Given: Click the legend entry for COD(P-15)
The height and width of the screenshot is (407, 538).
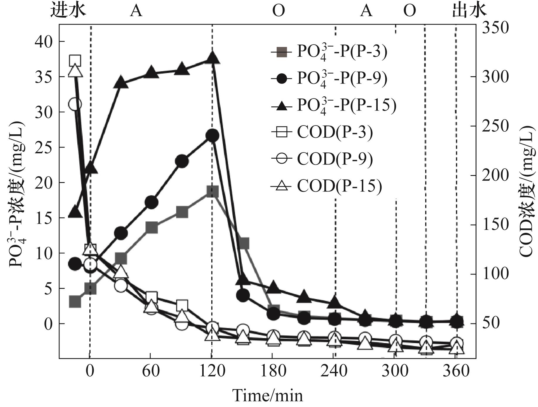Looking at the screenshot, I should click(x=326, y=186).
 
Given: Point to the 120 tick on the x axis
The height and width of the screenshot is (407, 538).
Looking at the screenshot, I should click(x=212, y=371).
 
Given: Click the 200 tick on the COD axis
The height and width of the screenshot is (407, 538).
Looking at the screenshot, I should click(x=496, y=175).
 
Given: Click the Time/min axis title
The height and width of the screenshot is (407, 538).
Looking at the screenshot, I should click(x=268, y=395).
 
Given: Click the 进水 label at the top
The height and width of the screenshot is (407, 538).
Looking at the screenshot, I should click(x=68, y=11).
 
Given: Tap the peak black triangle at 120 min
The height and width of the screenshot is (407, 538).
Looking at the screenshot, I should click(x=212, y=58).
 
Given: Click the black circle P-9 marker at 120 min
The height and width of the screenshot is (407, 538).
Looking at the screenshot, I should click(x=212, y=135).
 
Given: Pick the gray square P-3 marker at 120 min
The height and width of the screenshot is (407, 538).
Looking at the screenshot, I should click(x=212, y=192).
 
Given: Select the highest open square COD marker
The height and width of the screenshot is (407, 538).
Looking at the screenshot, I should click(x=75, y=61).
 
